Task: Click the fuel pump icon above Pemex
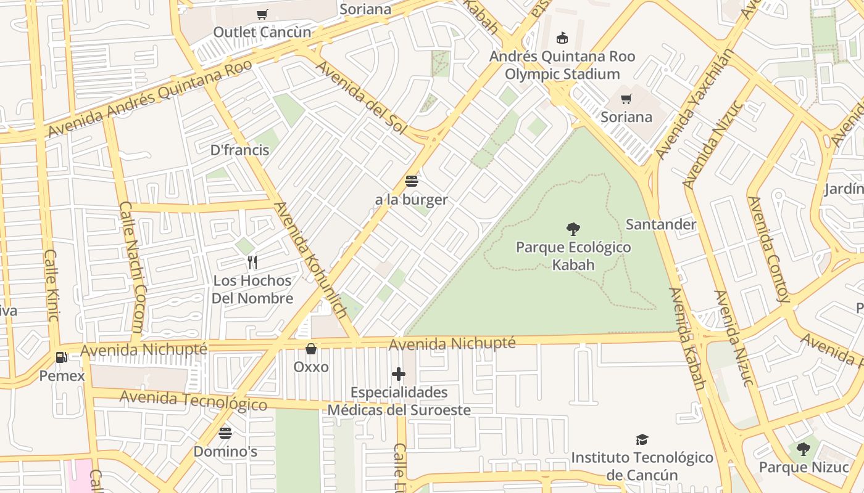[x=61, y=357]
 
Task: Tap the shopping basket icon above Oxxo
[x=311, y=349]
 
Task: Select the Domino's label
[x=225, y=451]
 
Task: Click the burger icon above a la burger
[x=412, y=181]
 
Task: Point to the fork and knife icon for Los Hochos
[x=252, y=263]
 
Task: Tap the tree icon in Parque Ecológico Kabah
[x=573, y=229]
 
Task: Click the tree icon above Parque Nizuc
[x=804, y=449]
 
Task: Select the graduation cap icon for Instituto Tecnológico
[x=642, y=439]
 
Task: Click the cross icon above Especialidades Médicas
[x=399, y=374]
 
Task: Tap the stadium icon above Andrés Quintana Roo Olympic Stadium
[x=562, y=38]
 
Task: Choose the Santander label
[x=661, y=224]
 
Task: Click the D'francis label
[x=239, y=150]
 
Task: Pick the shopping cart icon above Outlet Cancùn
[x=262, y=14]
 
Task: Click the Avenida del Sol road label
[x=362, y=96]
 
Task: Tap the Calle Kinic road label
[x=52, y=285]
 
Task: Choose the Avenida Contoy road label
[x=769, y=249]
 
